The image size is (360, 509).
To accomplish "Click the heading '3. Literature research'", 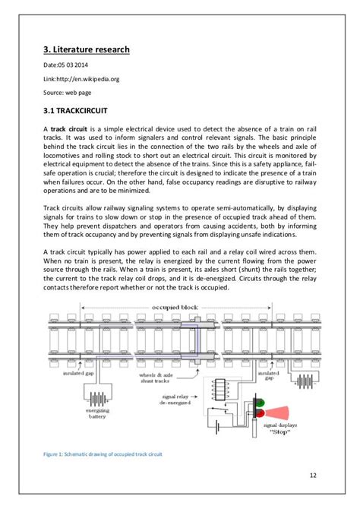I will click(86, 50).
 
